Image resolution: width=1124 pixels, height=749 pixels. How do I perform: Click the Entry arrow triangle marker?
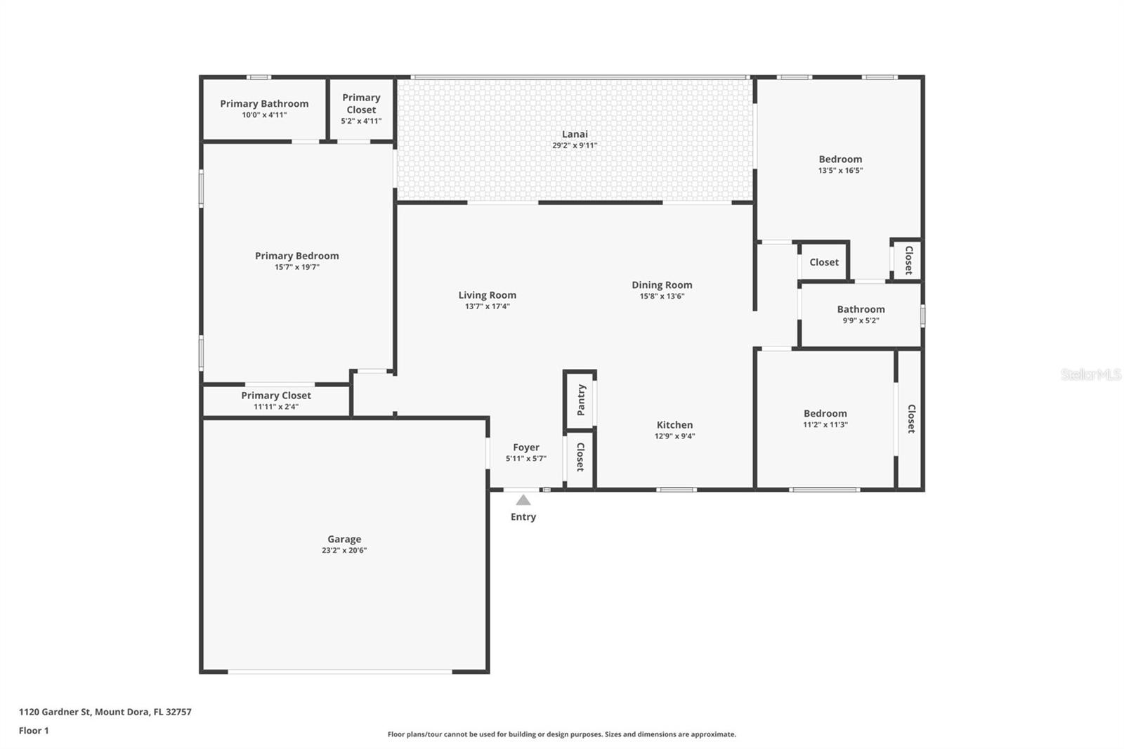(523, 500)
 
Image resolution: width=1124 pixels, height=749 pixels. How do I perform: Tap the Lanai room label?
(575, 134)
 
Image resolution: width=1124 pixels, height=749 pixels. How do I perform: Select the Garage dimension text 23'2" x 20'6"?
(344, 551)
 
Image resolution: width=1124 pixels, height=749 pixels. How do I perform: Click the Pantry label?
(581, 400)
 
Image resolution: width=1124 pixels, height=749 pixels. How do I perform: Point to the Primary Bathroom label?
(264, 104)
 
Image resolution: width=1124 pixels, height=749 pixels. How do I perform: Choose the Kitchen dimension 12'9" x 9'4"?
(674, 436)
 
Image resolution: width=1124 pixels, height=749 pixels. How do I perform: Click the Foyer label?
(526, 448)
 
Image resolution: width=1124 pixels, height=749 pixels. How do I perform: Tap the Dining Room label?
(662, 285)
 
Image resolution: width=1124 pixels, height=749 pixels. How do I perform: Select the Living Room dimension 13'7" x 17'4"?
(487, 306)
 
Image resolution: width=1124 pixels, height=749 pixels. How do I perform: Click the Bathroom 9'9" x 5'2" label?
(861, 310)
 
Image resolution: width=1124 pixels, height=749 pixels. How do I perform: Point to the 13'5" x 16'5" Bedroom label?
(840, 159)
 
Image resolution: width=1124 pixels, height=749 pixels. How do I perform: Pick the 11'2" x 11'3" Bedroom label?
(825, 414)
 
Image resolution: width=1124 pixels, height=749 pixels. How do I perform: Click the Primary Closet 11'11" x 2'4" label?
(276, 396)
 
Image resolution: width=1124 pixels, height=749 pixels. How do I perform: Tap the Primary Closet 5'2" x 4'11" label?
(361, 104)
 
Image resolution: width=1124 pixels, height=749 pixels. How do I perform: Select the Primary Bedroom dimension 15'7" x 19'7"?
(297, 267)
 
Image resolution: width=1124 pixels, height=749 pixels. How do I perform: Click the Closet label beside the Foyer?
(580, 457)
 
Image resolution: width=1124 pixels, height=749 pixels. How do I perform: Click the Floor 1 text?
(34, 731)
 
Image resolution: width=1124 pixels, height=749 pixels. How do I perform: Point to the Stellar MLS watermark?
(1090, 374)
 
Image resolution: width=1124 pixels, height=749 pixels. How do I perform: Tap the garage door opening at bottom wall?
(340, 672)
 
